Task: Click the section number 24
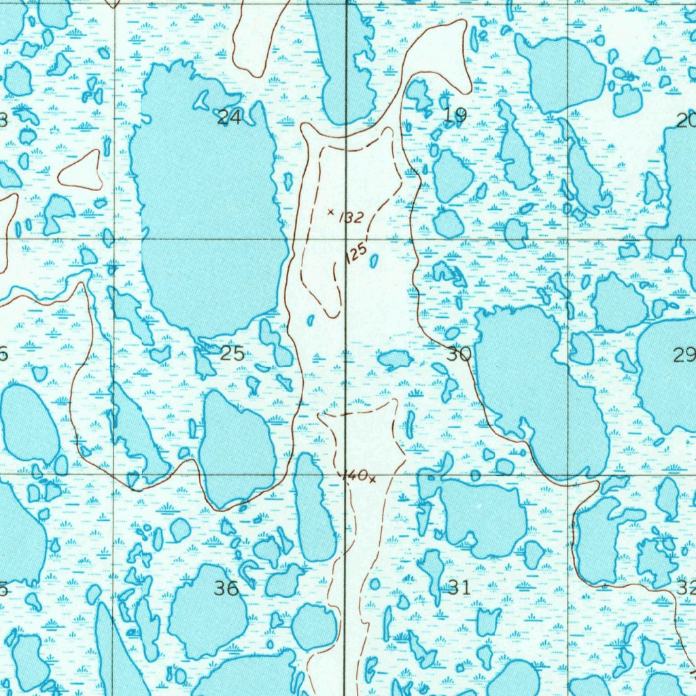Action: pyautogui.click(x=229, y=118)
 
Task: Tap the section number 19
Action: pyautogui.click(x=455, y=116)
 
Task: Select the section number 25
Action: pyautogui.click(x=232, y=353)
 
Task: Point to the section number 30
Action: pyautogui.click(x=459, y=353)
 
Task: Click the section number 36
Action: pyautogui.click(x=226, y=589)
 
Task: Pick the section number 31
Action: pyautogui.click(x=459, y=588)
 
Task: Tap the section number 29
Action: pyautogui.click(x=684, y=354)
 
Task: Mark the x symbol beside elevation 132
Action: pyautogui.click(x=330, y=212)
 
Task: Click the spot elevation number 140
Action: pyautogui.click(x=355, y=475)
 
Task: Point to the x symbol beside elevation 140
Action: pyautogui.click(x=372, y=480)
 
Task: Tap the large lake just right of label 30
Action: pyautogui.click(x=530, y=387)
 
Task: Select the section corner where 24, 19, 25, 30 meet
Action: pyautogui.click(x=347, y=239)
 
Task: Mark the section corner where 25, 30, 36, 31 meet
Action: pyautogui.click(x=345, y=474)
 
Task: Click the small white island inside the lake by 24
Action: pyautogui.click(x=201, y=101)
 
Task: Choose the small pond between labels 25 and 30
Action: pyautogui.click(x=395, y=359)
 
